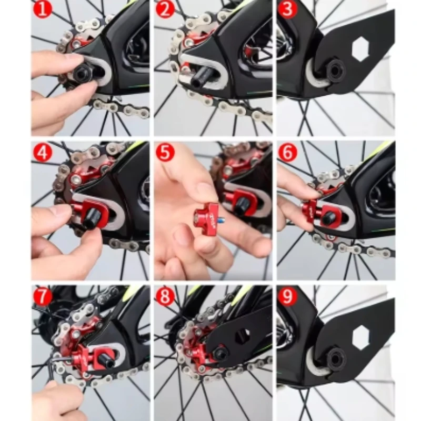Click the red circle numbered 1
click(43, 9)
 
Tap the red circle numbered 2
click(165, 9)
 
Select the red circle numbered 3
click(287, 9)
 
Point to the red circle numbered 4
click(43, 153)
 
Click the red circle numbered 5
click(165, 153)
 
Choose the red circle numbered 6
click(287, 153)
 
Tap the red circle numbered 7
click(43, 296)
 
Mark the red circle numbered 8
click(165, 296)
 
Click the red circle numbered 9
click(287, 296)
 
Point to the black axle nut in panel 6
click(330, 216)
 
